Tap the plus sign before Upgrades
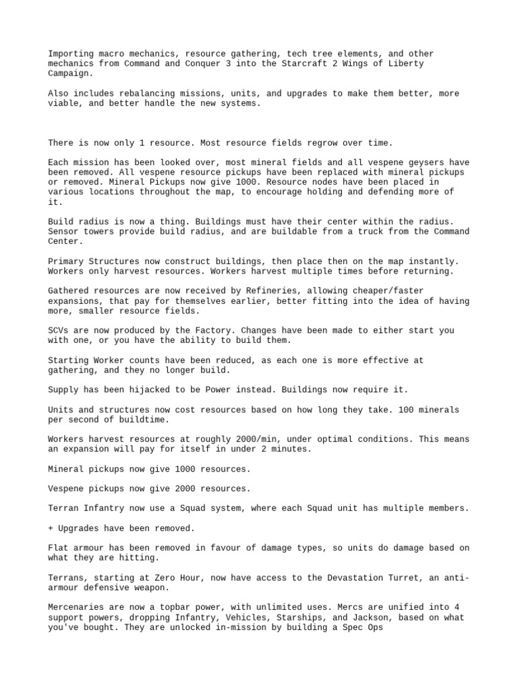coord(51,528)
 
